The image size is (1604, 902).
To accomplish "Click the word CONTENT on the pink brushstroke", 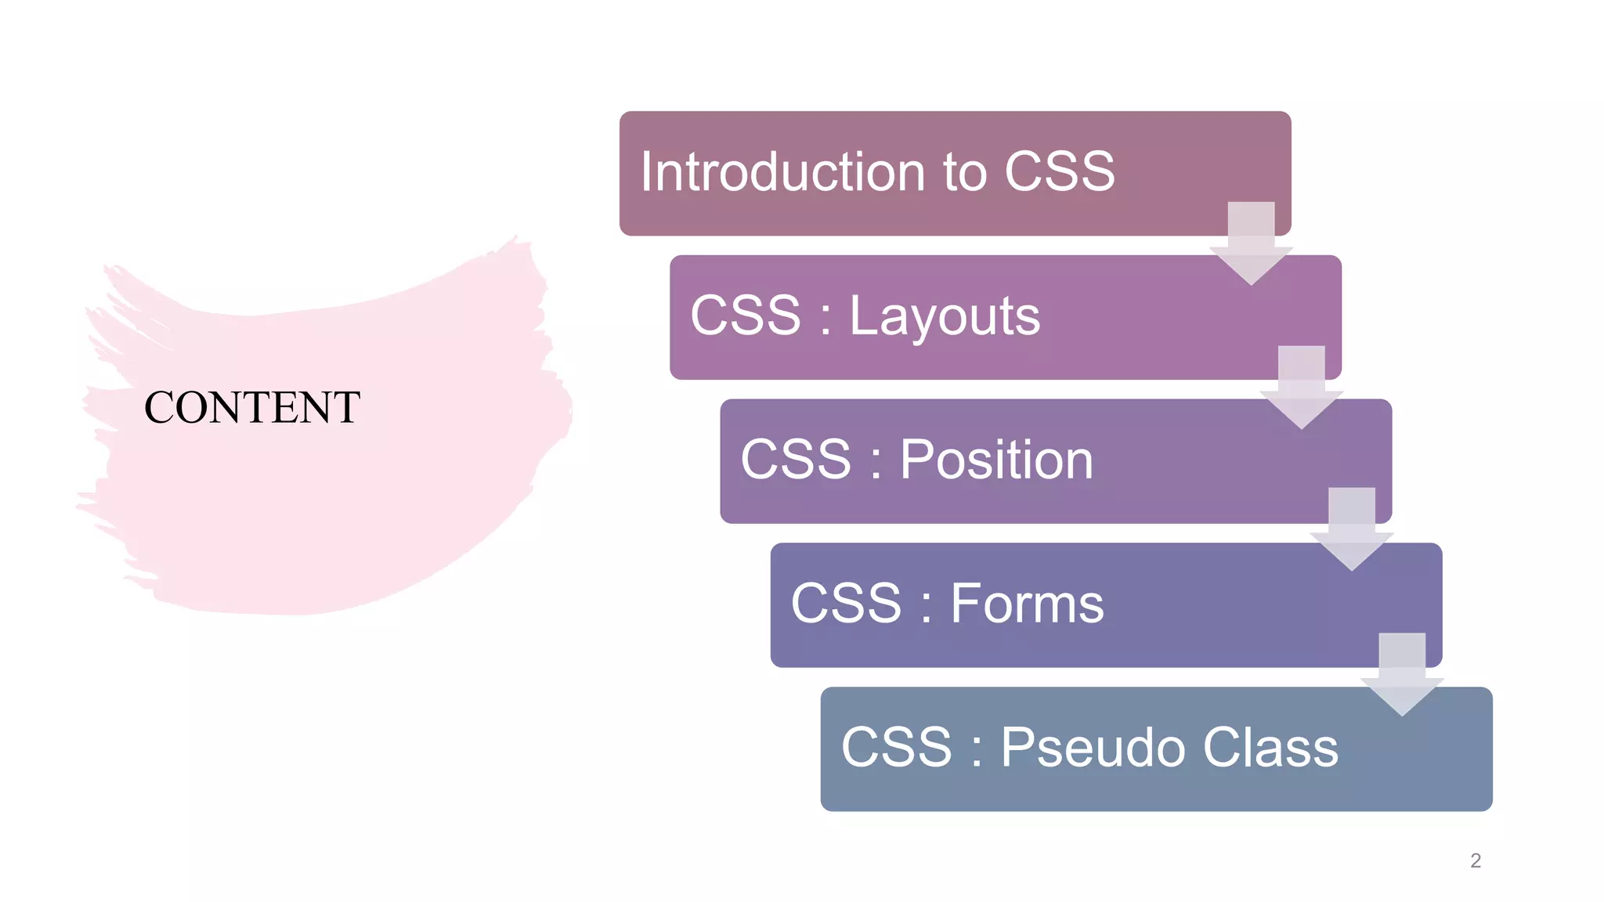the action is [x=252, y=408].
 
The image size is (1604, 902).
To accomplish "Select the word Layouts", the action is [x=945, y=316].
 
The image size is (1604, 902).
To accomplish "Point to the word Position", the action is [x=996, y=460].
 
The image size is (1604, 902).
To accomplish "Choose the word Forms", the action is [x=1027, y=604].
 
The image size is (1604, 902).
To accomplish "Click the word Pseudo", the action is [x=1093, y=747].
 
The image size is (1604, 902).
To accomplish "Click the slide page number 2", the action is [x=1476, y=861].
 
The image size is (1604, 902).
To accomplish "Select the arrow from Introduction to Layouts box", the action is [x=1251, y=243].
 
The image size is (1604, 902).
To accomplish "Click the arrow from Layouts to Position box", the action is [x=1301, y=387].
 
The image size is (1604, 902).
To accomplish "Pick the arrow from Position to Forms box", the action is [x=1351, y=529].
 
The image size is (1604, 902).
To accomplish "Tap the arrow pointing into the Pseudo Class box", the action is [x=1402, y=674].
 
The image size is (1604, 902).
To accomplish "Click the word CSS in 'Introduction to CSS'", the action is [x=1059, y=171].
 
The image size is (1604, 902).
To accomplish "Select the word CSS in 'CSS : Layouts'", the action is [x=746, y=316].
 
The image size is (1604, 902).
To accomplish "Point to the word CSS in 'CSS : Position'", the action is [x=796, y=460].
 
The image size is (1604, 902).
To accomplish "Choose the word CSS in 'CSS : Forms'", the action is [x=846, y=604].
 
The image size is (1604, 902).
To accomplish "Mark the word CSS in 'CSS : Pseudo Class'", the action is [x=896, y=747].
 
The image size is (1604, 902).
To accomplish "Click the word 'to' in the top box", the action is [x=965, y=172].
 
